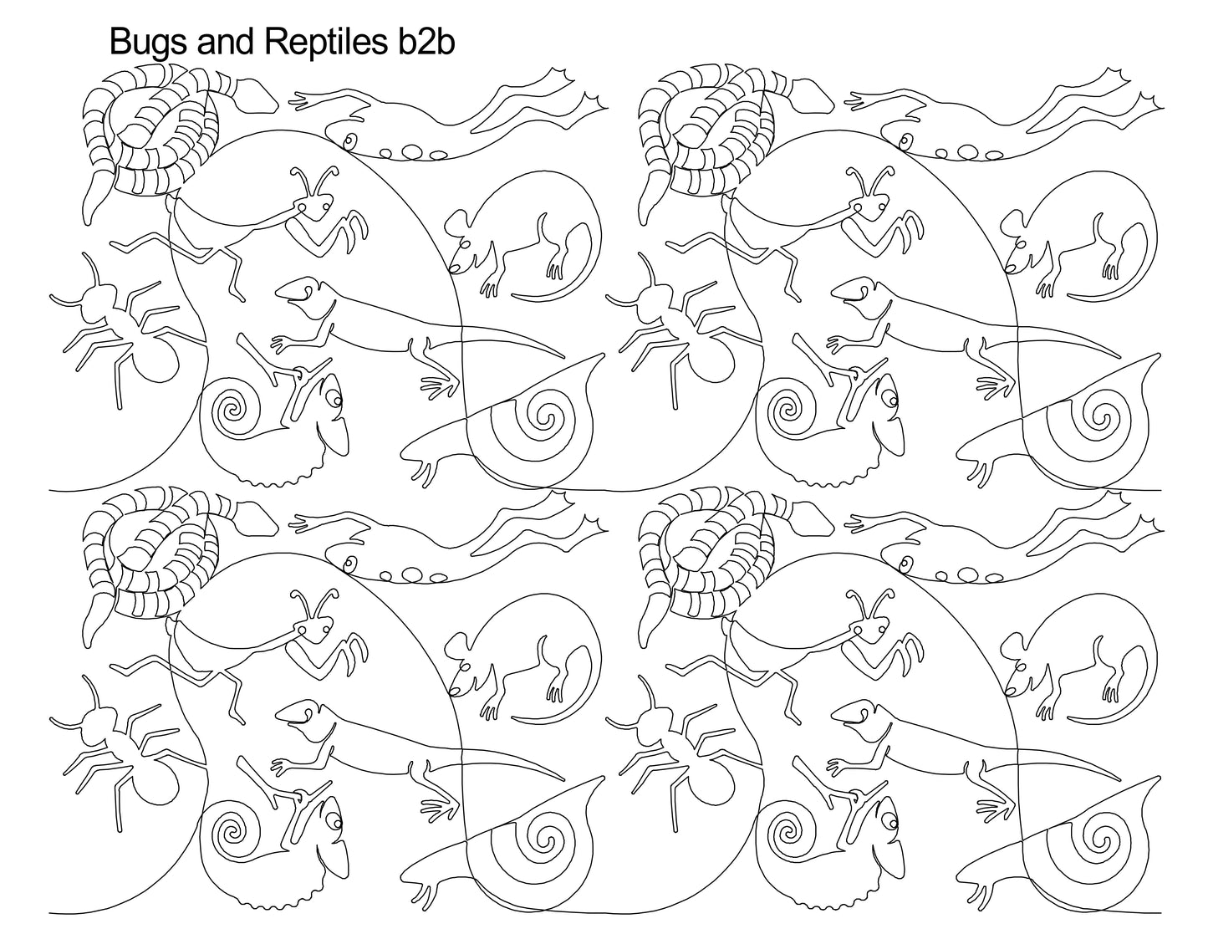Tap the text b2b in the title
(x=421, y=42)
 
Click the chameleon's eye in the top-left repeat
(x=338, y=401)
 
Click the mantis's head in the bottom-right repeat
(x=876, y=629)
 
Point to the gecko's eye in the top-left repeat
(x=349, y=140)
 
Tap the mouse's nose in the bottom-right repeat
(x=1010, y=688)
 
